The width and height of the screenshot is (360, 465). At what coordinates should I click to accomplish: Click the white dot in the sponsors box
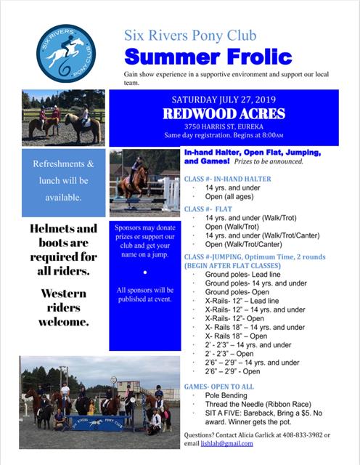point(145,272)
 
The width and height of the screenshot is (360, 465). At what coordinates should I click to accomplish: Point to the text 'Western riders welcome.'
point(60,307)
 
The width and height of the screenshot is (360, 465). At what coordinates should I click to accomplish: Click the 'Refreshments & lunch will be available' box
point(64,181)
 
